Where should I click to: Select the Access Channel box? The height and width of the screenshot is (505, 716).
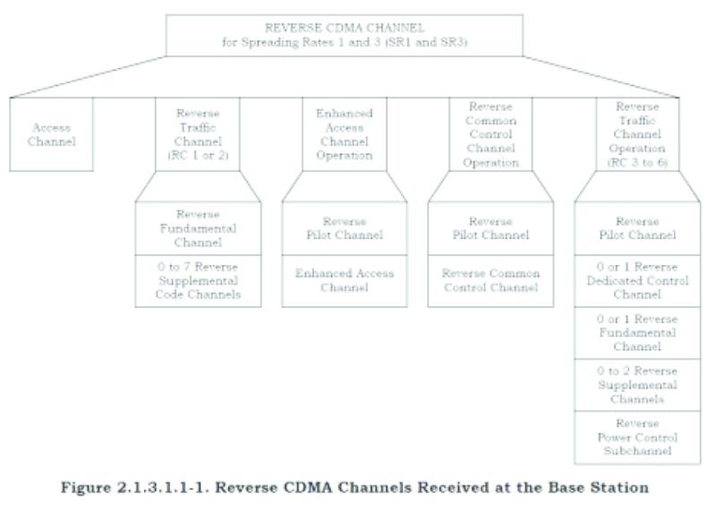(52, 134)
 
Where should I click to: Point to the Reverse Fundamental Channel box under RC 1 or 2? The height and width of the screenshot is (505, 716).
(199, 227)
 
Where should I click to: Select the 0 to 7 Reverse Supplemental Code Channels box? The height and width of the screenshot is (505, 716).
(199, 280)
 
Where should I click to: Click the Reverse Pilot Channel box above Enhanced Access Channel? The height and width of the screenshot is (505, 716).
(344, 227)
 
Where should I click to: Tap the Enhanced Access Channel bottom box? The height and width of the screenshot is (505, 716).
(344, 280)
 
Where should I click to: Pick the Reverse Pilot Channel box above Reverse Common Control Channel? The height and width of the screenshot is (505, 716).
(490, 227)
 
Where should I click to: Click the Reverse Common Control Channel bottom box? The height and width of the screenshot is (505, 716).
(490, 280)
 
